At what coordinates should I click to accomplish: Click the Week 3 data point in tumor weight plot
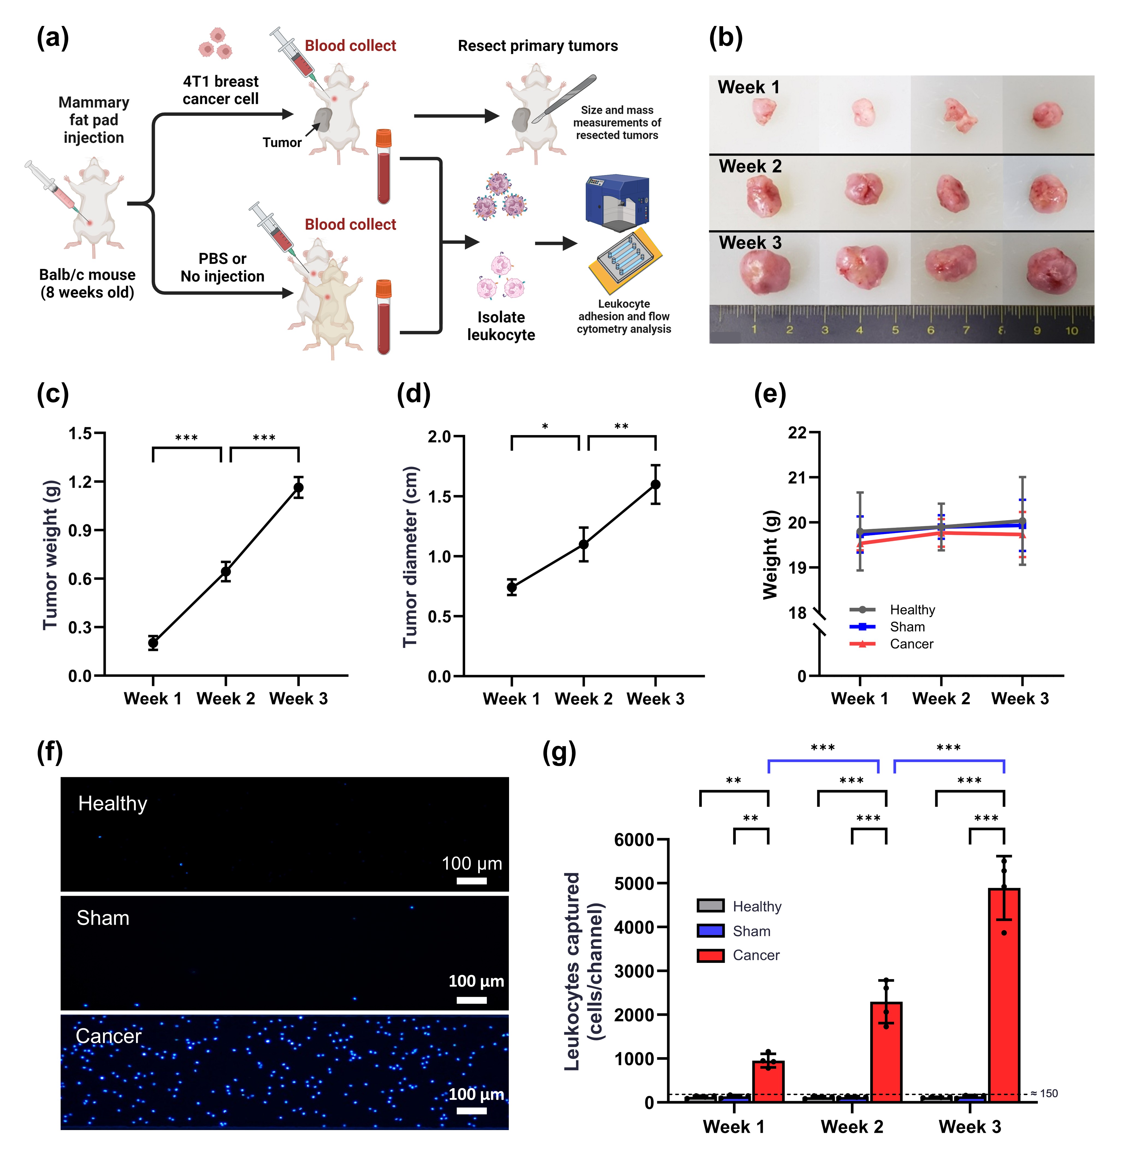(298, 487)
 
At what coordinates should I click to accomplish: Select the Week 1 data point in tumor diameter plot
(512, 587)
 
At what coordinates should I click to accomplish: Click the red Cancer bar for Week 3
(1004, 996)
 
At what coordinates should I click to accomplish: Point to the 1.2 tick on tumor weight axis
(81, 482)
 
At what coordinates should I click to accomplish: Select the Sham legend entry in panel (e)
(907, 627)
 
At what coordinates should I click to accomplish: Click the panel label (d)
(413, 394)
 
